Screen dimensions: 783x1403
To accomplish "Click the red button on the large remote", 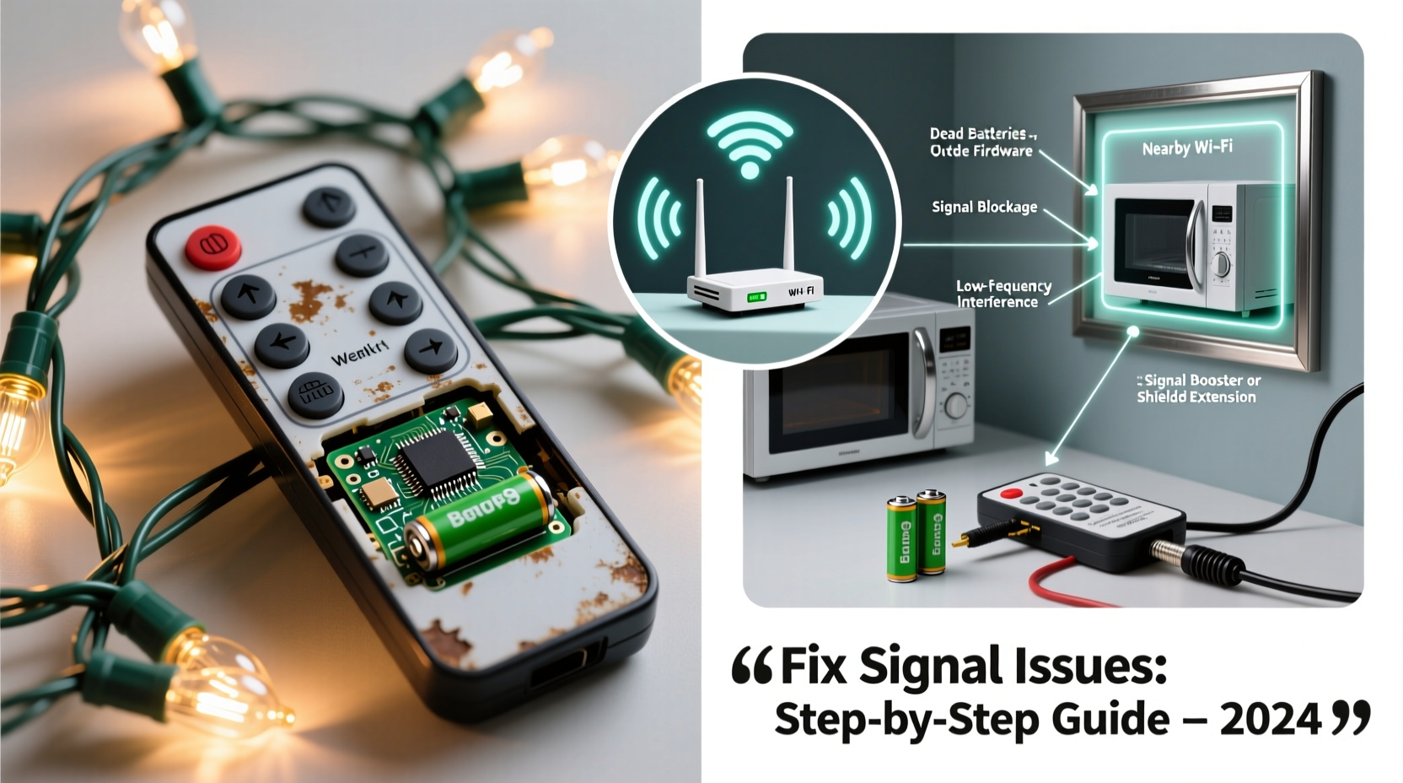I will (x=212, y=246).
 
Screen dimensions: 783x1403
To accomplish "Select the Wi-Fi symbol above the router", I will (x=749, y=143).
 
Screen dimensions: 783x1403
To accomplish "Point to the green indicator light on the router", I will (x=756, y=297).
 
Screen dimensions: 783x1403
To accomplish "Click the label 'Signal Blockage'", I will (x=984, y=207).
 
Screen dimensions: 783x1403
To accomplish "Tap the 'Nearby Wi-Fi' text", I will (x=1186, y=148).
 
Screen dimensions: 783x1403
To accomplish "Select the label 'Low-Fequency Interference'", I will (x=1003, y=294).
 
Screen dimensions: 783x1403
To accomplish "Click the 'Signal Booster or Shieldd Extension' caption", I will (x=1197, y=389).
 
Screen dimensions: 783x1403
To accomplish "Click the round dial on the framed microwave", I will (x=1220, y=265).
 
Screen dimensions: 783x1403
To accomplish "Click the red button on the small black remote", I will (x=1011, y=494).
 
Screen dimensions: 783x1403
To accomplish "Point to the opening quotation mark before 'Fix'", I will (x=752, y=666).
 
